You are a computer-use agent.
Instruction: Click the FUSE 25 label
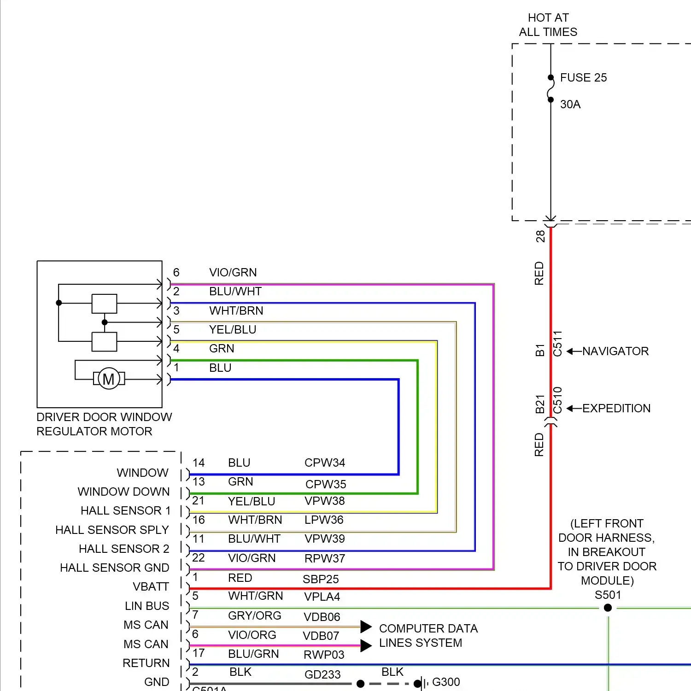click(583, 77)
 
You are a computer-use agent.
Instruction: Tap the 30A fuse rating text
click(570, 105)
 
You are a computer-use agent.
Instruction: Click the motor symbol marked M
click(109, 379)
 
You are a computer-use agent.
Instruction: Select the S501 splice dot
click(608, 608)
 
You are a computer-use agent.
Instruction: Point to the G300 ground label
click(446, 682)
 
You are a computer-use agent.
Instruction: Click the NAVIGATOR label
click(615, 351)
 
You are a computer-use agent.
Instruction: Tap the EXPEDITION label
click(616, 409)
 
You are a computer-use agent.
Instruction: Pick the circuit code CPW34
click(325, 463)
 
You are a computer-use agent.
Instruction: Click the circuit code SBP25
click(321, 579)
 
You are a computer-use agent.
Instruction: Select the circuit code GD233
click(322, 674)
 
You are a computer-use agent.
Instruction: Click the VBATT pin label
click(151, 587)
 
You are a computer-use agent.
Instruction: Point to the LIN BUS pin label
click(147, 606)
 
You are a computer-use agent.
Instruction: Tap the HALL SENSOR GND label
click(115, 568)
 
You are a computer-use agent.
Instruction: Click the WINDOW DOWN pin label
click(123, 492)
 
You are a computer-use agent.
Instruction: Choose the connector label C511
click(557, 344)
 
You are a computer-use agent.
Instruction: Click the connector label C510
click(557, 400)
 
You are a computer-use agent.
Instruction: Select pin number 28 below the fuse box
click(540, 236)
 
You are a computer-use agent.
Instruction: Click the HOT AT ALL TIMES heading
click(548, 25)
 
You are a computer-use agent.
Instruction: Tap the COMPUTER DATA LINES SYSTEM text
click(428, 636)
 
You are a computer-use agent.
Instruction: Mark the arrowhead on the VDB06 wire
click(366, 627)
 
